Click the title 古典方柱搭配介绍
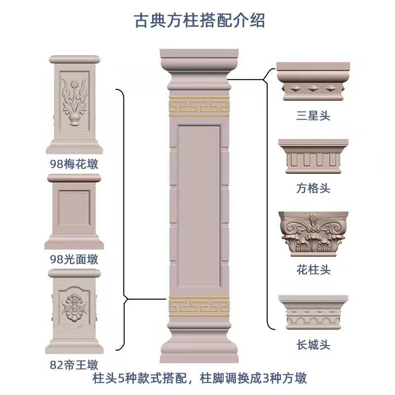click(x=200, y=20)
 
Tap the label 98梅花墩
click(x=74, y=163)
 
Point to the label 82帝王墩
click(x=74, y=365)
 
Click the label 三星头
click(x=313, y=116)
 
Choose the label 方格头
click(x=313, y=189)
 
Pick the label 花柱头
click(x=313, y=270)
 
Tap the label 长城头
click(x=313, y=345)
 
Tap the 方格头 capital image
click(x=314, y=157)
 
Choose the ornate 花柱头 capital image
click(x=314, y=234)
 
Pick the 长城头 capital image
click(x=314, y=313)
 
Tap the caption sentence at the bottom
click(x=199, y=379)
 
